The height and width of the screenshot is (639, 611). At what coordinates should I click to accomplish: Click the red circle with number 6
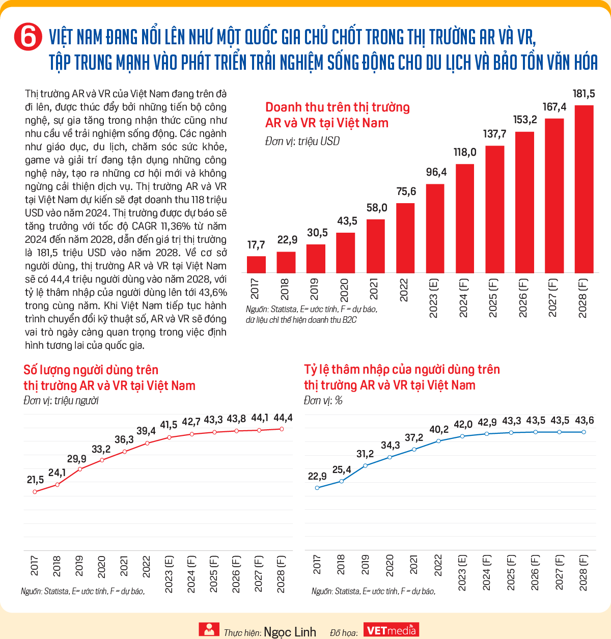(28, 37)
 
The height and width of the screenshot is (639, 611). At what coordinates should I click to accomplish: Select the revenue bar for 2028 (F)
(584, 189)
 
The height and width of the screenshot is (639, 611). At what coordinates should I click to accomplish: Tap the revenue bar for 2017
(256, 265)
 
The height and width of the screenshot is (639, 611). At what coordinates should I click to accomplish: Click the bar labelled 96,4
(435, 229)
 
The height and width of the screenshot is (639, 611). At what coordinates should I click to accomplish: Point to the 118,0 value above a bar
(464, 152)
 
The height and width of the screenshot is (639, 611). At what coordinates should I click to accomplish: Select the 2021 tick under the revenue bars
(374, 289)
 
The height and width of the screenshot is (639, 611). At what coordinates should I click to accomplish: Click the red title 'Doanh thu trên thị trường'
(337, 107)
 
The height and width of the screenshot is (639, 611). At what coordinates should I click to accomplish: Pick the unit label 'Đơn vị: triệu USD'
(302, 141)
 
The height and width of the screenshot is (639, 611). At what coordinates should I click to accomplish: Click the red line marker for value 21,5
(35, 491)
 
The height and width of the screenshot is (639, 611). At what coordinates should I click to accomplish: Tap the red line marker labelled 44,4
(282, 429)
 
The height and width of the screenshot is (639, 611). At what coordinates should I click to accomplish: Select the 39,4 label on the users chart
(146, 431)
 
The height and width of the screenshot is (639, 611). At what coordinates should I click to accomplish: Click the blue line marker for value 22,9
(317, 488)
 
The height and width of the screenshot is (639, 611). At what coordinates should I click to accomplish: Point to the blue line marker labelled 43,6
(584, 432)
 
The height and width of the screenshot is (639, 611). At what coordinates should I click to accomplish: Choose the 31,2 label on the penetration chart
(365, 454)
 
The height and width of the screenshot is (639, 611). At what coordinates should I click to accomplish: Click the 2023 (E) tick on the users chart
(169, 574)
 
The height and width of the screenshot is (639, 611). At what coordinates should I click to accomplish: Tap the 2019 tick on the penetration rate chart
(365, 565)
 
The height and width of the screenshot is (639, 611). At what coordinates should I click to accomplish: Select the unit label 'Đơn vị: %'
(323, 400)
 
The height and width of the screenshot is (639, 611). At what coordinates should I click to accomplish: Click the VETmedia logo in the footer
(391, 629)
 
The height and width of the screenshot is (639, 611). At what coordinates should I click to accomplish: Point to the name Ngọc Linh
(290, 632)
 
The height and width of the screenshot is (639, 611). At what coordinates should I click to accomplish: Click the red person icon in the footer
(209, 629)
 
